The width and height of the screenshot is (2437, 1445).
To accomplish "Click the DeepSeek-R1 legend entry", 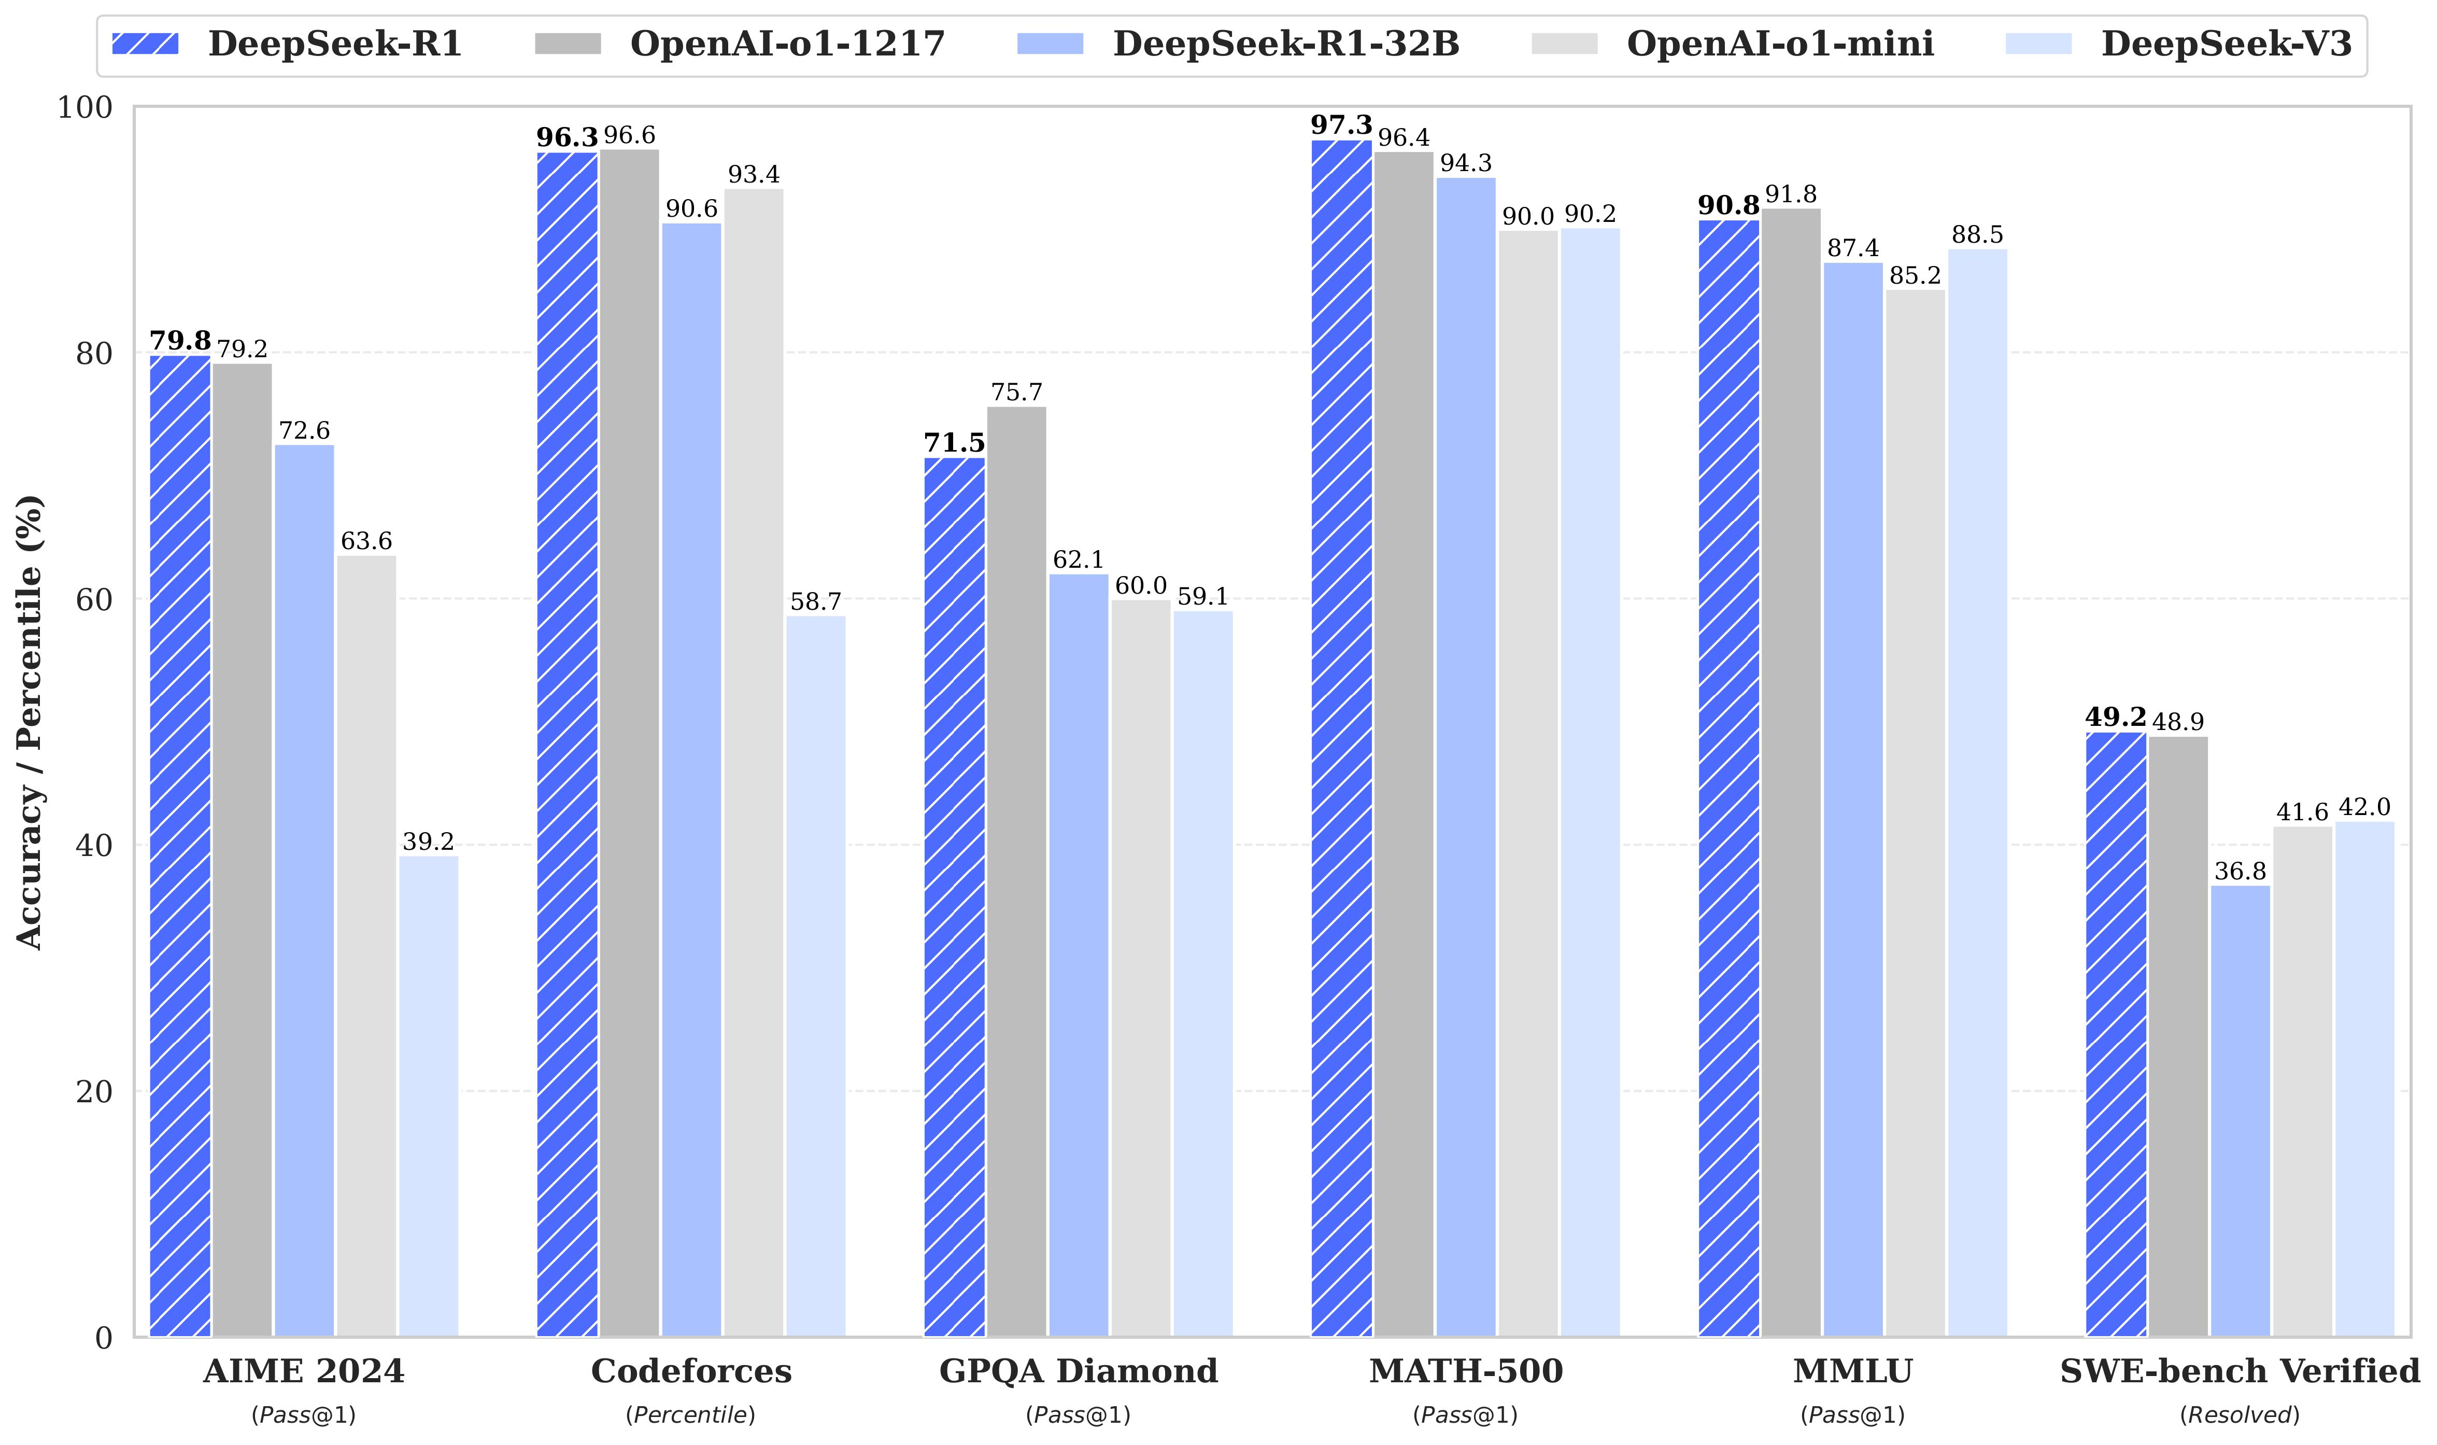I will (x=287, y=44).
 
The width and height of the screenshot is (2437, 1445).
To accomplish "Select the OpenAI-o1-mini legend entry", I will (x=1732, y=44).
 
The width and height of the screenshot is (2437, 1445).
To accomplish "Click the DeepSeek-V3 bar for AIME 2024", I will (x=428, y=1096).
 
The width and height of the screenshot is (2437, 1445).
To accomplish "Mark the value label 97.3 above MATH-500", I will (x=1341, y=125).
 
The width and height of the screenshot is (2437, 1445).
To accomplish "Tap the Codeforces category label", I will (x=691, y=1371).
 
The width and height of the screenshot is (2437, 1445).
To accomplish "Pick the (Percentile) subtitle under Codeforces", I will (x=691, y=1415).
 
